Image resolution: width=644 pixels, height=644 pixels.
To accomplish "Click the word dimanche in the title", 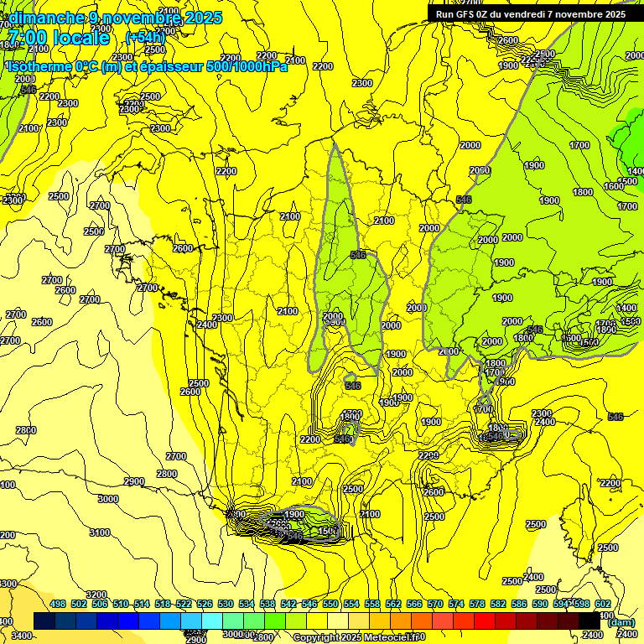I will [46, 18].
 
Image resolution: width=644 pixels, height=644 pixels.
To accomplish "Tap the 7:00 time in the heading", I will [27, 38].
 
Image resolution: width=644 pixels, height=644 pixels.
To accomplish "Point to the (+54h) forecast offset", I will [145, 38].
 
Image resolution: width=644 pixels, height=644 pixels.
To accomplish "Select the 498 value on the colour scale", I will [58, 604].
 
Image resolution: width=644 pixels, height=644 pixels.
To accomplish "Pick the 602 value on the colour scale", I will [602, 604].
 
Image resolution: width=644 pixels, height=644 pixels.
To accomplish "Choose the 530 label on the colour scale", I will [226, 604].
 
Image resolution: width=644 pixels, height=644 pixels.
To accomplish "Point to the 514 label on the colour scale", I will [142, 604].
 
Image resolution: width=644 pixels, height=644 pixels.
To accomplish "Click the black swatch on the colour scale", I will [590, 620].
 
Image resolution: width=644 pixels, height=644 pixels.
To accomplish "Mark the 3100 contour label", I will [99, 532].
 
